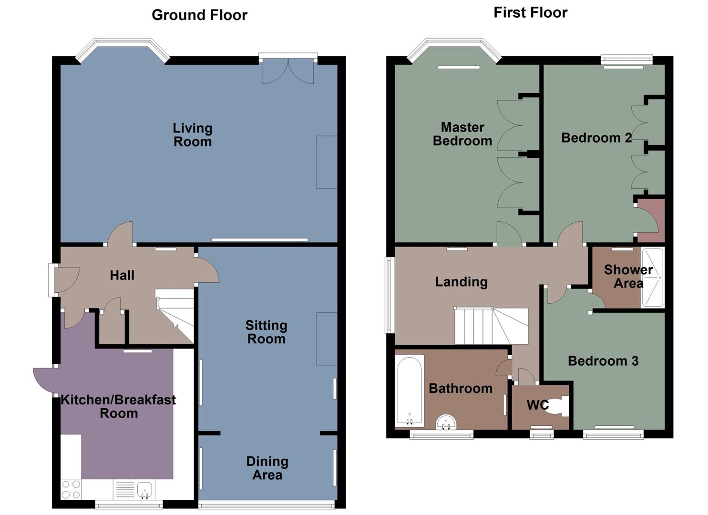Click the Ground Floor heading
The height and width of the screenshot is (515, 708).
tap(199, 15)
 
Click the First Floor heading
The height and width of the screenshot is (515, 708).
tap(530, 12)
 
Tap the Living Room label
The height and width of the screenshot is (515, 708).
tap(192, 135)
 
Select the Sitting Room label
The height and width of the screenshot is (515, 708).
tap(266, 332)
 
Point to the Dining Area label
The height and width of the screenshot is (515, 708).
tap(267, 468)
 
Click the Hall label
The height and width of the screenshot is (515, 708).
tap(122, 275)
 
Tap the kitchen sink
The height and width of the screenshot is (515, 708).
tap(144, 489)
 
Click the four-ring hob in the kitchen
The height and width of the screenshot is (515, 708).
tap(71, 489)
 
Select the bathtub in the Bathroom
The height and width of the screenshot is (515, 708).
tap(410, 391)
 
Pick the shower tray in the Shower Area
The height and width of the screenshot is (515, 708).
tap(652, 277)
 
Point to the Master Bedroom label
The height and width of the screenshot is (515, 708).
tap(462, 134)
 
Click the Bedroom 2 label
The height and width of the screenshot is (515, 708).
tap(596, 138)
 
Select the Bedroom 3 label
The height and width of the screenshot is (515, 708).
tap(603, 361)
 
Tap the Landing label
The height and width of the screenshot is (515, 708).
tap(461, 282)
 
